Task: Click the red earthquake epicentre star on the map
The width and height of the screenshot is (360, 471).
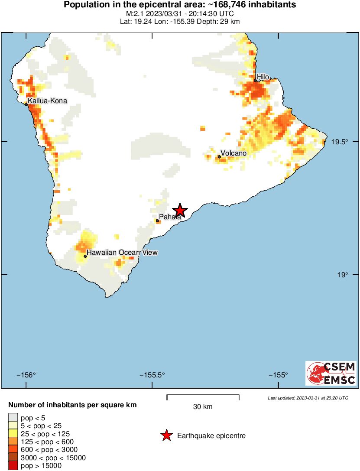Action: [x=180, y=210]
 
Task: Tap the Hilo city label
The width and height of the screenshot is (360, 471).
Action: [x=263, y=77]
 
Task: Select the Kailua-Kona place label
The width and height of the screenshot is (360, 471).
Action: [x=48, y=101]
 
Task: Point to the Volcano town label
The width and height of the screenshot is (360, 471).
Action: [x=233, y=153]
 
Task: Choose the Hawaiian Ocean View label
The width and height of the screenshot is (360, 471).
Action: [x=122, y=253]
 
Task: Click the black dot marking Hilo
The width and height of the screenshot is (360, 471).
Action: [x=256, y=80]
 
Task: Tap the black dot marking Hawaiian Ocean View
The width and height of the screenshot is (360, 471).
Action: [x=85, y=256]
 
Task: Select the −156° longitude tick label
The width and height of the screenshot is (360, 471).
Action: [x=27, y=375]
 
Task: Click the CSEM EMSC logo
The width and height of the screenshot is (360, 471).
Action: [x=331, y=374]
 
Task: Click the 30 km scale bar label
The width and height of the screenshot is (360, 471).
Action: [x=203, y=406]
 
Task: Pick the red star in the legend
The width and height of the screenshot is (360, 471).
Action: [x=166, y=436]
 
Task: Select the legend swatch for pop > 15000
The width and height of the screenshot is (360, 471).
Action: [x=13, y=466]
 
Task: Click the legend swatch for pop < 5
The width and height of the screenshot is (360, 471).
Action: [x=13, y=418]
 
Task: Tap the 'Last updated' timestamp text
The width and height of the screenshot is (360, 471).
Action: [x=308, y=398]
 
